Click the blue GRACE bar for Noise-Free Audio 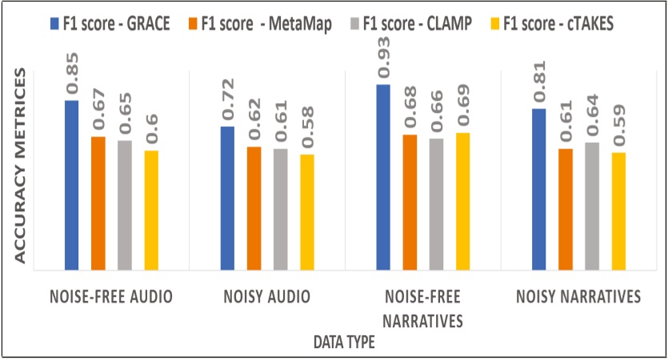click(x=72, y=185)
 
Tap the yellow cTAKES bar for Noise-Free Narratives click(x=462, y=201)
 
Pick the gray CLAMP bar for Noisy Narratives click(x=591, y=206)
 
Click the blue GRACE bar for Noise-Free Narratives click(x=383, y=177)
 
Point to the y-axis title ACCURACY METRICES click(x=22, y=164)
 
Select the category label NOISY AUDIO click(x=266, y=298)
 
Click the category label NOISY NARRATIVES click(x=578, y=298)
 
